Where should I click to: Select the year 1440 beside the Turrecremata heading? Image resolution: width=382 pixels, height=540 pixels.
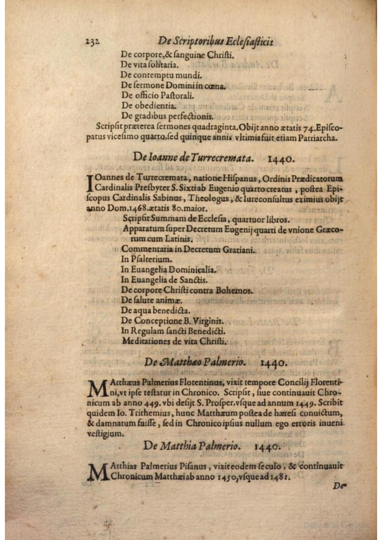pos(281,159)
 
